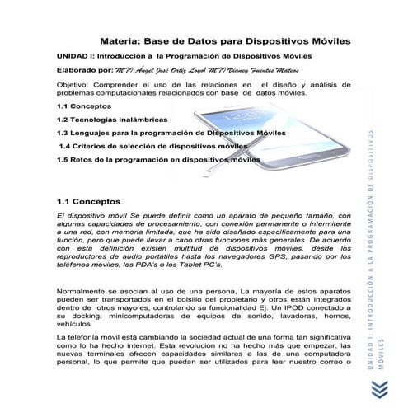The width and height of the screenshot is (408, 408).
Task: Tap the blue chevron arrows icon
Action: pos(378,387)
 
